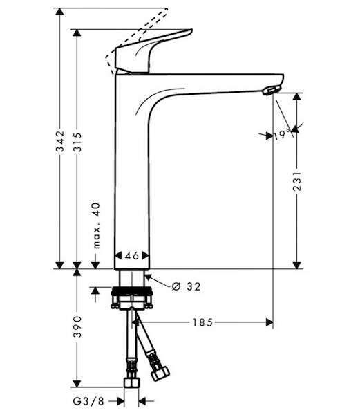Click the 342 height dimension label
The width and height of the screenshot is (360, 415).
coord(60,141)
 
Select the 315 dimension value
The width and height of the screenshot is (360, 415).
coord(77,142)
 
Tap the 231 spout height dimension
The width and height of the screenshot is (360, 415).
coord(297,181)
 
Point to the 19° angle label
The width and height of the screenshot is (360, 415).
coord(282,135)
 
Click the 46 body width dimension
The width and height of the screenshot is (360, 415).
coord(132,256)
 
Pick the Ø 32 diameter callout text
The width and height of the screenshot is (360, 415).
coord(186,286)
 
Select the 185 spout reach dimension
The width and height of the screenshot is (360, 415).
coord(202,322)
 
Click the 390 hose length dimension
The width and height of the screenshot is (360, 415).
coord(77,326)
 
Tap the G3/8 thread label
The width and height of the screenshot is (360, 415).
coord(88,401)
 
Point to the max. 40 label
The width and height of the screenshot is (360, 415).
coord(97,225)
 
